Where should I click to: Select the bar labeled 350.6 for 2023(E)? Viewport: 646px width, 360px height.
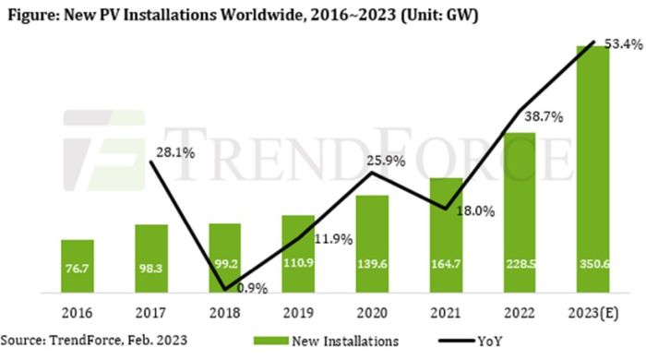pyautogui.click(x=596, y=166)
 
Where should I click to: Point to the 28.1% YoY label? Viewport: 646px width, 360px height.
pyautogui.click(x=173, y=153)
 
